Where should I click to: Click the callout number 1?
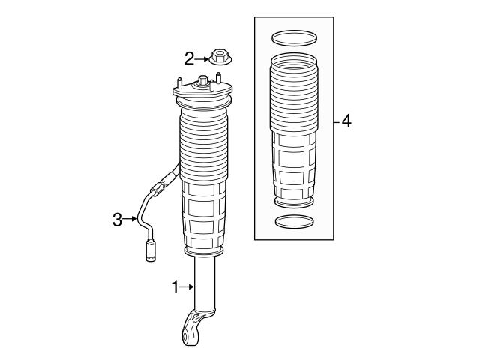click(176, 286)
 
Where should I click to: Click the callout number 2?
click(190, 57)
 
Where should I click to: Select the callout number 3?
click(117, 219)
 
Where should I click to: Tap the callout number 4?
click(346, 120)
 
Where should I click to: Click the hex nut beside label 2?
click(220, 57)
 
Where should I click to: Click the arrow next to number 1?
click(188, 286)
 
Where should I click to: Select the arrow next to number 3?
click(130, 219)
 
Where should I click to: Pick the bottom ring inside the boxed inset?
click(292, 221)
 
